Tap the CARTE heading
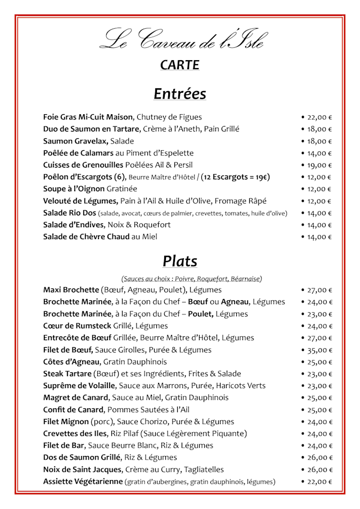[179, 65]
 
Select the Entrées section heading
[179, 93]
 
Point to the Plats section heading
[179, 261]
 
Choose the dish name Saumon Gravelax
[75, 141]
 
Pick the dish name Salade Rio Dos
[69, 213]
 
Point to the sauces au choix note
[192, 278]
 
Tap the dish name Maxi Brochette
[71, 290]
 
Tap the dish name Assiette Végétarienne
[83, 481]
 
